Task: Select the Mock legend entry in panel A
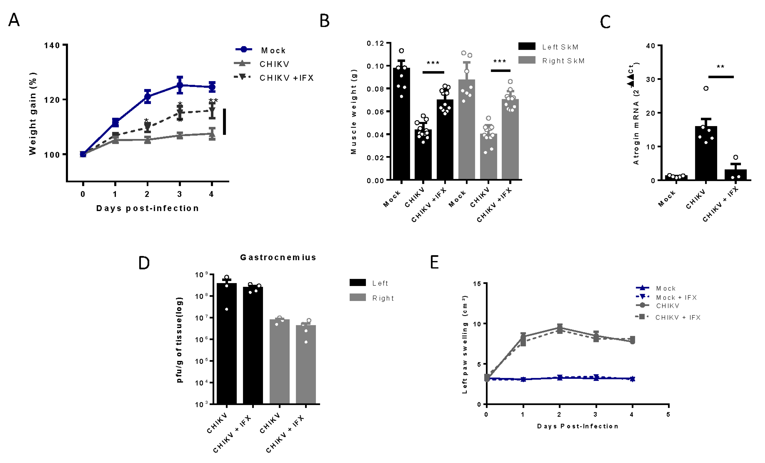pos(273,50)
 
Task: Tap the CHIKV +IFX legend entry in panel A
pos(286,78)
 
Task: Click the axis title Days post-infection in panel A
pos(147,208)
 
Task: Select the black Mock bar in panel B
pos(402,124)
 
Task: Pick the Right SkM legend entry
pos(563,61)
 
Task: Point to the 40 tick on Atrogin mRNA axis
pos(650,46)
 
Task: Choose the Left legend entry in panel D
pos(380,283)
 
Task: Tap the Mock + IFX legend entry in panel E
pos(676,297)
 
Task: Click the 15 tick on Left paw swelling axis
pos(477,284)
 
